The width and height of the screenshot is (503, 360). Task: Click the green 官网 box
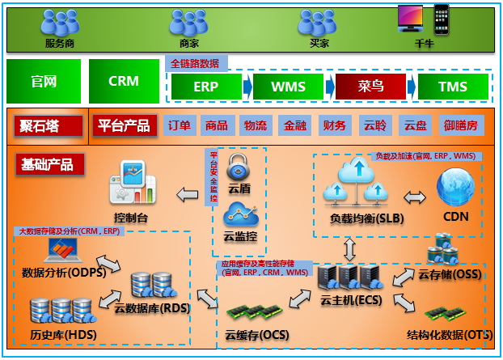[x=44, y=81]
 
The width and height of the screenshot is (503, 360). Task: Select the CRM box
[x=124, y=81]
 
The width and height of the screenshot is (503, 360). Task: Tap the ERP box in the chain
[x=205, y=86]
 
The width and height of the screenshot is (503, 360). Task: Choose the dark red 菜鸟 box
[x=370, y=86]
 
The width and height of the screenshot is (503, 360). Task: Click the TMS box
[x=453, y=86]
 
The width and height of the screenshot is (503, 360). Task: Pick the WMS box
[x=288, y=86]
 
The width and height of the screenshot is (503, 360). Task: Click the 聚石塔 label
[x=49, y=125]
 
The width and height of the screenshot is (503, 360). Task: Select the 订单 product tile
[x=179, y=125]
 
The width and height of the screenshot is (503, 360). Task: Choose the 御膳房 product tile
[x=460, y=125]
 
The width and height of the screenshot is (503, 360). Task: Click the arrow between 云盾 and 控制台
[x=188, y=194]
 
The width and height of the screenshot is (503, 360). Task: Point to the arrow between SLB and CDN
[x=414, y=197]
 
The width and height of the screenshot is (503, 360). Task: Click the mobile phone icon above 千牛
[x=441, y=19]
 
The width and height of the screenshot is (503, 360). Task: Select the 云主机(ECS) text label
[x=349, y=300]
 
